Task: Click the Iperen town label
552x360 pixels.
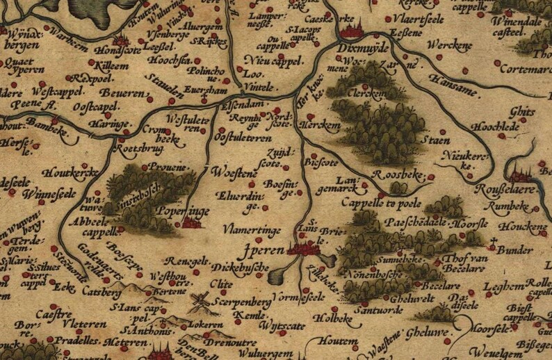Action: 266,248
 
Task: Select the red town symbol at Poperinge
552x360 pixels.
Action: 190,222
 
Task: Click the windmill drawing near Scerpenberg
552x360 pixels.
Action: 200,301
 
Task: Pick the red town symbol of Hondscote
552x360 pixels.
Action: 122,40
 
